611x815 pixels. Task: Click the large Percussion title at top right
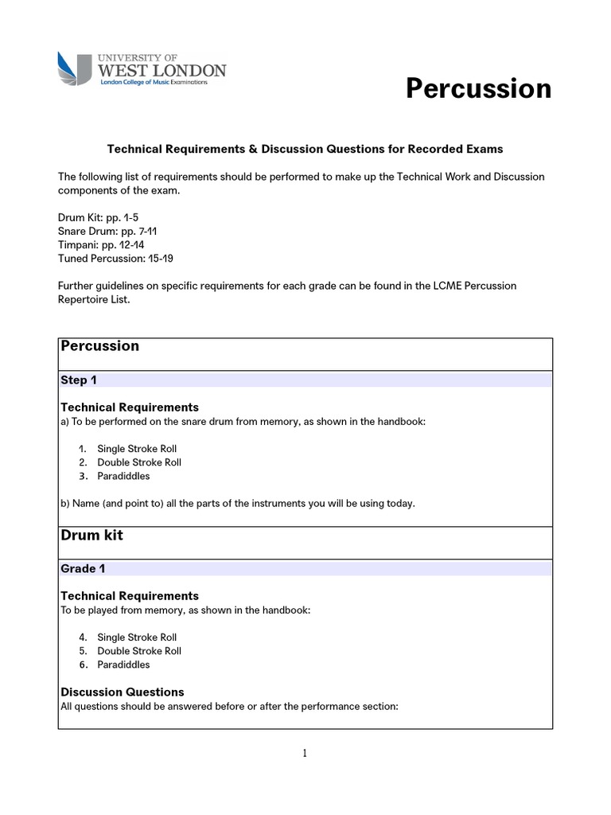(478, 88)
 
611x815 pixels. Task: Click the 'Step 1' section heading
(79, 380)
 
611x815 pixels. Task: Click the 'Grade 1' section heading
(83, 569)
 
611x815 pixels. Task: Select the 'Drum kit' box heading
(91, 536)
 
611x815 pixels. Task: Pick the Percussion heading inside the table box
(99, 346)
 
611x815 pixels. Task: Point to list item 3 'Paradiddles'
(123, 476)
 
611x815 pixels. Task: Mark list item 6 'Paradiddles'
(123, 665)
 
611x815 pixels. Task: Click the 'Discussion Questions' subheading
(122, 692)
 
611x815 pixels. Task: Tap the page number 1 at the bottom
(305, 755)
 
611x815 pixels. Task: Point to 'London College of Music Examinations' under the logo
(152, 82)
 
